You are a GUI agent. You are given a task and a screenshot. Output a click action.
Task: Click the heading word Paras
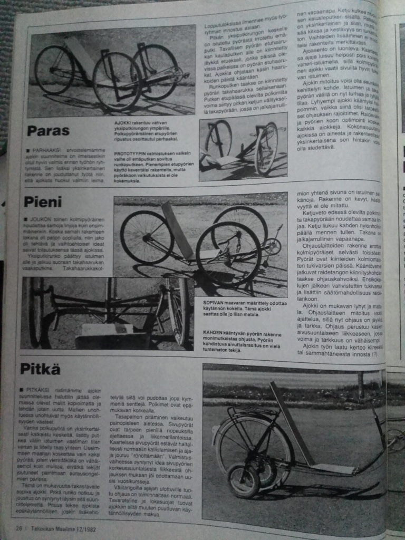pos(48,130)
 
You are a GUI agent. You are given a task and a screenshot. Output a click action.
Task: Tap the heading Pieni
pos(43,201)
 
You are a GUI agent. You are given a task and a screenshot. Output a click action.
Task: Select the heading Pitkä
pos(41,368)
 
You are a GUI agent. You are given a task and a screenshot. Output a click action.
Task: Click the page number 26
pos(19,526)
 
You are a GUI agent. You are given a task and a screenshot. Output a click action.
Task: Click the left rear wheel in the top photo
pos(54,70)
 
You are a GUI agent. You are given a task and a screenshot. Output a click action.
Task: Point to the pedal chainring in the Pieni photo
pos(272,246)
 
